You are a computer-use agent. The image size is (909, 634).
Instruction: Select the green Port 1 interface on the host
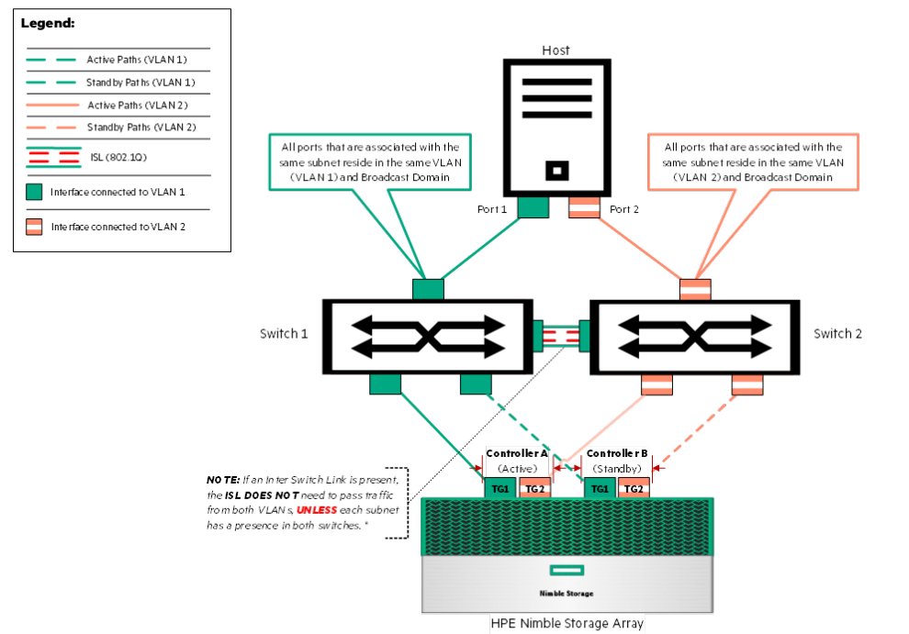[533, 208]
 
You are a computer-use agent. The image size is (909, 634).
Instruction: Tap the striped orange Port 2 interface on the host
[584, 208]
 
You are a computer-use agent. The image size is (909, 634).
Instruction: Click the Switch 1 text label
[285, 333]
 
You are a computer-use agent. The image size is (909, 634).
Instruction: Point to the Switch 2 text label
[837, 333]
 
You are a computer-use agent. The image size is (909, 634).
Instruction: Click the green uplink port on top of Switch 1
[428, 289]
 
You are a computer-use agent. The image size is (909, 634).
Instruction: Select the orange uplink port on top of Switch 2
[694, 289]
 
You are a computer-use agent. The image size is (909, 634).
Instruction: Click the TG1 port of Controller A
[499, 489]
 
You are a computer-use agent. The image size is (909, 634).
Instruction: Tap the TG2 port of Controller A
[533, 489]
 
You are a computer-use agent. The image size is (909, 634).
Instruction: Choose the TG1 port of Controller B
[600, 489]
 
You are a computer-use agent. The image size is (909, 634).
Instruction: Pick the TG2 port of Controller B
[634, 489]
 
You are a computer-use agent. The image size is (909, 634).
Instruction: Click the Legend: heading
[48, 22]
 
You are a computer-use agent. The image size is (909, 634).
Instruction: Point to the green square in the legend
[35, 192]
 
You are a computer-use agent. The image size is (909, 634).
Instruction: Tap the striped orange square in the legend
[35, 226]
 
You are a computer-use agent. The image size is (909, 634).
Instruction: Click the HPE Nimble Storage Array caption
[567, 624]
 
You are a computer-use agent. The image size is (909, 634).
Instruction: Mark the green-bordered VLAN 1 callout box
[371, 161]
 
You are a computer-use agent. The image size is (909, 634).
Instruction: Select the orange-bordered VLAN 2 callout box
[752, 161]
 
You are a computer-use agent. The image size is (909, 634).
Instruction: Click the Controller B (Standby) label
[617, 461]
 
